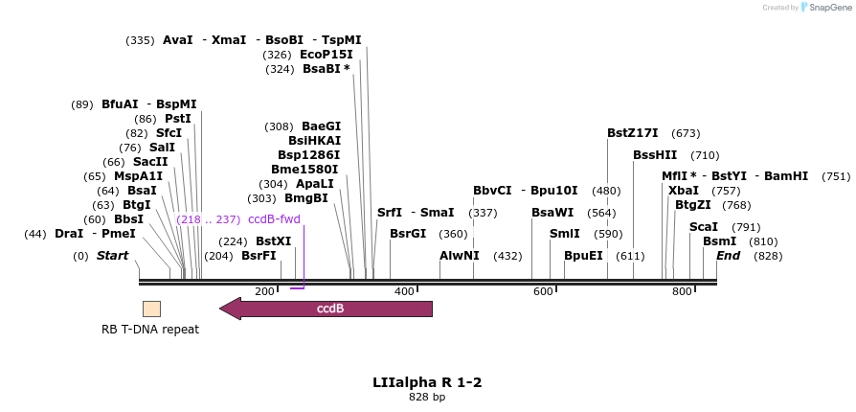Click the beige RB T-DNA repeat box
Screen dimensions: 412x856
pos(151,309)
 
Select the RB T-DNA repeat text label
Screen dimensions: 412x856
pos(150,330)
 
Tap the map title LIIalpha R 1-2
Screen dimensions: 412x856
pos(427,382)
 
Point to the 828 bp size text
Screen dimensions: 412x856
pos(427,397)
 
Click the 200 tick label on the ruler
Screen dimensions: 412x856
pos(264,291)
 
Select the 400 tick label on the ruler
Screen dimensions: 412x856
pos(403,291)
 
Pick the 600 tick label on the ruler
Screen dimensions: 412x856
pos(543,291)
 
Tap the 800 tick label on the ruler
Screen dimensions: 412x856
pos(683,291)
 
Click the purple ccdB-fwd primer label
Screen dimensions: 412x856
pos(274,219)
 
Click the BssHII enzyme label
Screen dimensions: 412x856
pos(655,155)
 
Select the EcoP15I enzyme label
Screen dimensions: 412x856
pos(327,55)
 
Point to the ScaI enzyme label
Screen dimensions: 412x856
pos(703,227)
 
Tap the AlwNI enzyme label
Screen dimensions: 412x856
pos(460,256)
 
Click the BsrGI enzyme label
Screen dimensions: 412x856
pos(408,234)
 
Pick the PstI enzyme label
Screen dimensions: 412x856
pos(177,119)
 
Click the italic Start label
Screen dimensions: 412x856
pos(112,256)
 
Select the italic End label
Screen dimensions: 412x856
pos(728,256)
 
